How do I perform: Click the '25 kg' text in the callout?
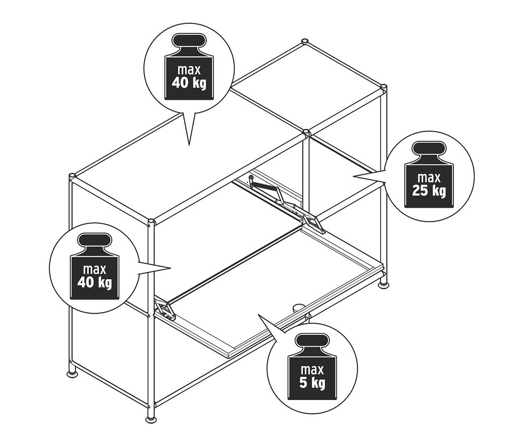point(430,190)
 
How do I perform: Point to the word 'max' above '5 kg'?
point(312,369)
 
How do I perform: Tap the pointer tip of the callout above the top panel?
point(189,143)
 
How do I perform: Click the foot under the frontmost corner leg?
point(151,419)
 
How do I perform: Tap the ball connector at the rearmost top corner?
point(304,42)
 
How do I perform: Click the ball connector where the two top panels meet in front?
point(305,135)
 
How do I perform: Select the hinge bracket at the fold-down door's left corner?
point(166,311)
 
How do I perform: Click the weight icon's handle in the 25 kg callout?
point(430,148)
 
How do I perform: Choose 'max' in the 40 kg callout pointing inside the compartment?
point(94,269)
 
